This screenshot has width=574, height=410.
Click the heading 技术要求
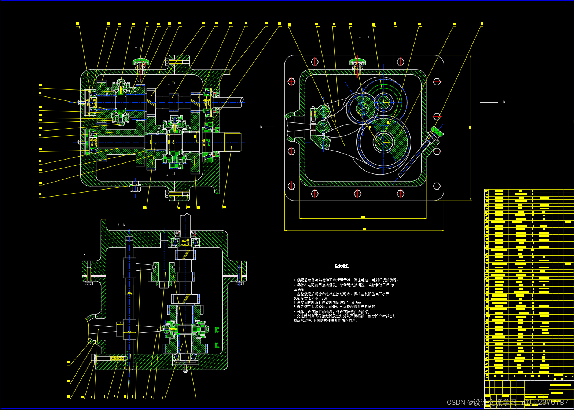pyautogui.click(x=341, y=266)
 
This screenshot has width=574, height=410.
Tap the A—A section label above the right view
pyautogui.click(x=364, y=37)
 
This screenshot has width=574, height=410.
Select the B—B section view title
pyautogui.click(x=121, y=224)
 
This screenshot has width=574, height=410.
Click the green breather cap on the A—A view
pyautogui.click(x=357, y=61)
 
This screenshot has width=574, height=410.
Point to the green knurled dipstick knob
pyautogui.click(x=437, y=131)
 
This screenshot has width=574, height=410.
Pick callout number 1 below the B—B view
pyautogui.click(x=194, y=397)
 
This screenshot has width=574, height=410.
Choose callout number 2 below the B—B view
pyautogui.click(x=162, y=397)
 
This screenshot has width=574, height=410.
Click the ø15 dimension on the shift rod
pyautogui.click(x=129, y=293)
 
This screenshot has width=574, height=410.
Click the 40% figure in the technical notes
pyautogui.click(x=296, y=299)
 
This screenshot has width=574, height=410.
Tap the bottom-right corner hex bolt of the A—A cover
pyautogui.click(x=437, y=186)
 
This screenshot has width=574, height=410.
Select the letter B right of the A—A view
pyautogui.click(x=504, y=102)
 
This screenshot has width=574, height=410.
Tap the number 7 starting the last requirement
pyautogui.click(x=294, y=316)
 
